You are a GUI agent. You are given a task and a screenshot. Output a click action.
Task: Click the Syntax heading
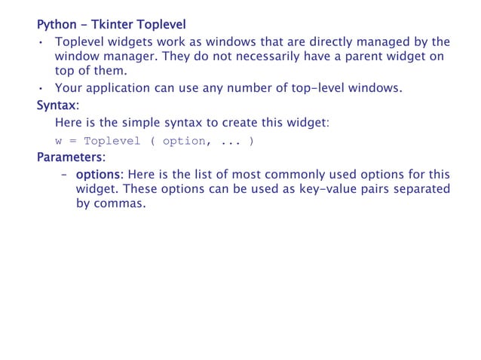coord(57,105)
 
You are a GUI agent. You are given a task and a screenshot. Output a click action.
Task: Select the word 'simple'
coord(155,122)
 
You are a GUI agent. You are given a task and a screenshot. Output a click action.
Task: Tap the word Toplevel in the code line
coord(112,141)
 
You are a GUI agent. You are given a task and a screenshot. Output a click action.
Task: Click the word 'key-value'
coord(322,188)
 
